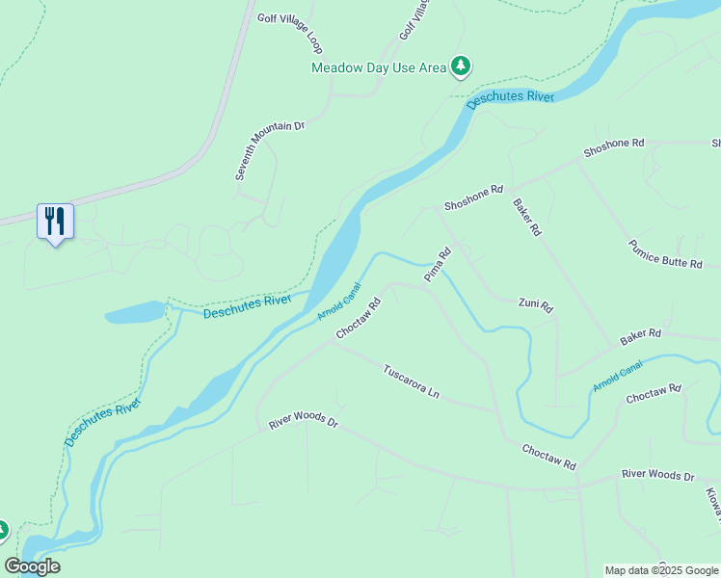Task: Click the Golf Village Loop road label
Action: (x=289, y=33)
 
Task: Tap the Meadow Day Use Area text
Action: (x=379, y=66)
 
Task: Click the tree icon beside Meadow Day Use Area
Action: (x=463, y=66)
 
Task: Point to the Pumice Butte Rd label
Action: (x=665, y=254)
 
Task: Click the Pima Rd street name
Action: (x=439, y=265)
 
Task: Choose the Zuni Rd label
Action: (x=535, y=306)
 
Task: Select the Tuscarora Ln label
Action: (x=411, y=381)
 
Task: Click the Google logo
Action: (x=32, y=565)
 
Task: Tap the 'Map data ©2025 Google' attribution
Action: (x=662, y=570)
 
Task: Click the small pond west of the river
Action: (x=135, y=313)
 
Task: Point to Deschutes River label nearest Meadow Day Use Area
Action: (x=511, y=97)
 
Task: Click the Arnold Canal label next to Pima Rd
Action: (x=338, y=301)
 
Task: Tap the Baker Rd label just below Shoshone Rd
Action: (x=527, y=218)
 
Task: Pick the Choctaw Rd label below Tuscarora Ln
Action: (x=548, y=457)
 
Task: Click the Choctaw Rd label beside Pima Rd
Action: (x=359, y=318)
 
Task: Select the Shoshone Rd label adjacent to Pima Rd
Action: (x=473, y=198)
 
